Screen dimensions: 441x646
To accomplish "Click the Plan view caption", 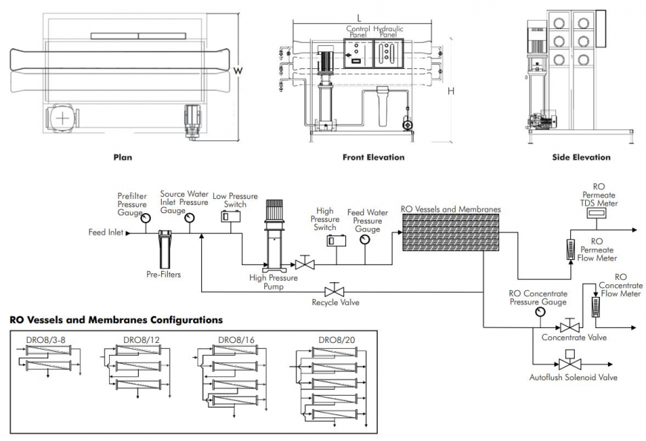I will tap(122, 157).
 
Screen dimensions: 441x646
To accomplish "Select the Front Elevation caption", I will tap(373, 157).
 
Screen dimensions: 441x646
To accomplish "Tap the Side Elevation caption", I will tap(581, 157).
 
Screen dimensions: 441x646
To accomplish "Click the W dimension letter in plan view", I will tap(238, 71).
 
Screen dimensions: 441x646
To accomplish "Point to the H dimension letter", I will tap(451, 91).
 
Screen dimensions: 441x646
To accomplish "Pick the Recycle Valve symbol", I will tap(335, 290).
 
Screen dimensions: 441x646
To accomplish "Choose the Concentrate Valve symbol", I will tap(570, 327).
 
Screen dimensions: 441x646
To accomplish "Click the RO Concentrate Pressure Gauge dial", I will tap(538, 313).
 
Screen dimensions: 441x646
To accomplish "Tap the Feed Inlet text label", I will tap(106, 232).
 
